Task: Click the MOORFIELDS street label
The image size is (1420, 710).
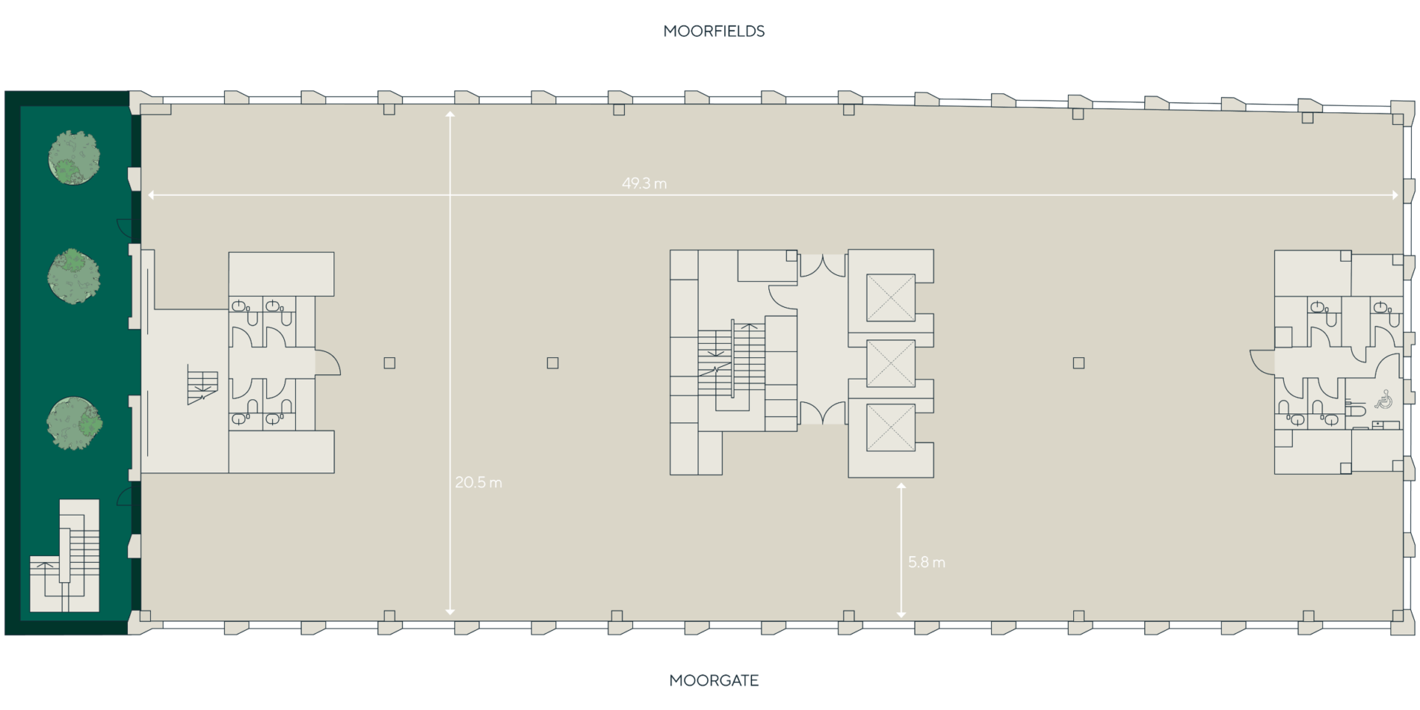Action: (x=714, y=31)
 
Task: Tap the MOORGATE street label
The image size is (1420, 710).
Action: (x=714, y=680)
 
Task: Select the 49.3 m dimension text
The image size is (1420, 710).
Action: (x=644, y=183)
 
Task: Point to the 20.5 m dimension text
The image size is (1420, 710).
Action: (x=479, y=483)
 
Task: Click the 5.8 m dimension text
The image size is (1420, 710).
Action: (x=927, y=562)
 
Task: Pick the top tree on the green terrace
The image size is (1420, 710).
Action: (x=74, y=158)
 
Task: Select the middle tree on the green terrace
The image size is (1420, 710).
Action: (x=74, y=275)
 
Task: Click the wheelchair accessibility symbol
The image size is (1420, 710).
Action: (x=1384, y=399)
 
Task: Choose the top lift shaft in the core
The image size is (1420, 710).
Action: (x=890, y=297)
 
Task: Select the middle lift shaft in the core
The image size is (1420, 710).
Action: (x=890, y=363)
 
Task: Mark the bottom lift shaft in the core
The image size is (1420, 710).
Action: (x=890, y=427)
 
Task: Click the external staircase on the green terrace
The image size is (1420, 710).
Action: (x=65, y=556)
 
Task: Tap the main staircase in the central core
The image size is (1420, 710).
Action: (x=731, y=365)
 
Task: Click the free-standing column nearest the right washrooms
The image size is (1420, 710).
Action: (x=1079, y=363)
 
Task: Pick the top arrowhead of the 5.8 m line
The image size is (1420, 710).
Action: (x=901, y=487)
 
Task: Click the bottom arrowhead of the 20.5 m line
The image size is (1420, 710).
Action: (x=450, y=612)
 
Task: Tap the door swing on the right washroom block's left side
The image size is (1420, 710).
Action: (x=1262, y=361)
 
